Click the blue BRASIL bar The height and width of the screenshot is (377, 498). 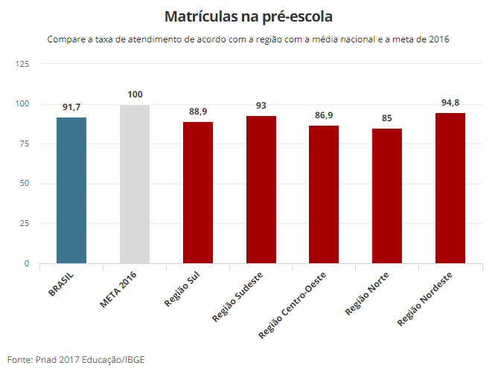(x=71, y=190)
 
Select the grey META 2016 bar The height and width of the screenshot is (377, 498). (x=135, y=184)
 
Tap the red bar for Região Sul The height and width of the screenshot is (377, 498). (x=198, y=193)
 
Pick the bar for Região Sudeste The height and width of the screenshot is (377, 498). (x=261, y=190)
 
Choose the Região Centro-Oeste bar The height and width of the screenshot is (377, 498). (x=324, y=195)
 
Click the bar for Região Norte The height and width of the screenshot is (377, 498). (x=387, y=196)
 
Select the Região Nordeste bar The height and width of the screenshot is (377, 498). (x=450, y=188)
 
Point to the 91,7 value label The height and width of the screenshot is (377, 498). (x=71, y=107)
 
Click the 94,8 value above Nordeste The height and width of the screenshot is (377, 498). (x=450, y=103)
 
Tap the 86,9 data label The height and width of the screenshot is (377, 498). (x=324, y=115)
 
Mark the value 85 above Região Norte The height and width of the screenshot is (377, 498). (x=387, y=118)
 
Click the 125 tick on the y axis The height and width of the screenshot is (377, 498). (x=22, y=64)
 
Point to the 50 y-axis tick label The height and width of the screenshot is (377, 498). (x=24, y=184)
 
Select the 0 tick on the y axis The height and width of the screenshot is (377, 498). (x=27, y=263)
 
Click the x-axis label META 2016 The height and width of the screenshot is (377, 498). (x=118, y=289)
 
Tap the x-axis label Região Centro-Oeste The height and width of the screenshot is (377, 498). (x=292, y=306)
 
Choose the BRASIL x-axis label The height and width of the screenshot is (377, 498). (x=61, y=284)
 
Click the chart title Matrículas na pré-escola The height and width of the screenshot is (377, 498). (x=249, y=16)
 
